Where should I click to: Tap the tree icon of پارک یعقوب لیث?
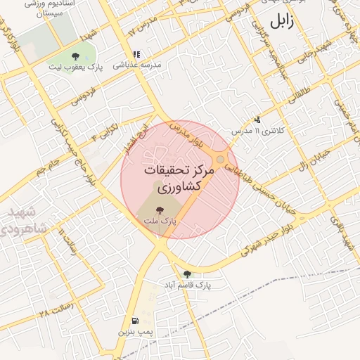pos(76,56)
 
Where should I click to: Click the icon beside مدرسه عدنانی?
pos(136,53)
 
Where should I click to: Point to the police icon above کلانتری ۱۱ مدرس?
pos(258,120)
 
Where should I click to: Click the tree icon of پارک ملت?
pos(160,210)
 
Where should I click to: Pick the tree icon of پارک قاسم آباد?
pos(187,274)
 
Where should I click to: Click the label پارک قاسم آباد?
pos(188,285)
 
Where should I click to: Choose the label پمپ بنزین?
pos(134,330)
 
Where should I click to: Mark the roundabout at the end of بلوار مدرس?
pos(221,160)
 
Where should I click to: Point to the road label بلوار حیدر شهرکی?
pos(259,240)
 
